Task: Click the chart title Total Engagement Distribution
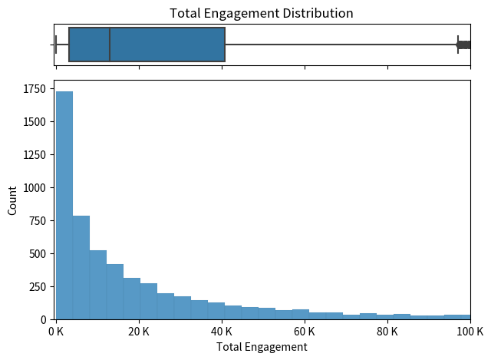click(262, 13)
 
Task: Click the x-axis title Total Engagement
click(262, 347)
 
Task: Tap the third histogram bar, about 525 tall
click(98, 285)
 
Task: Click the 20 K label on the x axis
click(139, 332)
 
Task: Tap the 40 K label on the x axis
click(222, 332)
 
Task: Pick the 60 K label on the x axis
click(305, 332)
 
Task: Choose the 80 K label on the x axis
click(387, 332)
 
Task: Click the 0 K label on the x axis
click(56, 332)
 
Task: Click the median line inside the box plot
click(110, 45)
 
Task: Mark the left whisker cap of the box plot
click(56, 45)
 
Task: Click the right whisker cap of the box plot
click(458, 45)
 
